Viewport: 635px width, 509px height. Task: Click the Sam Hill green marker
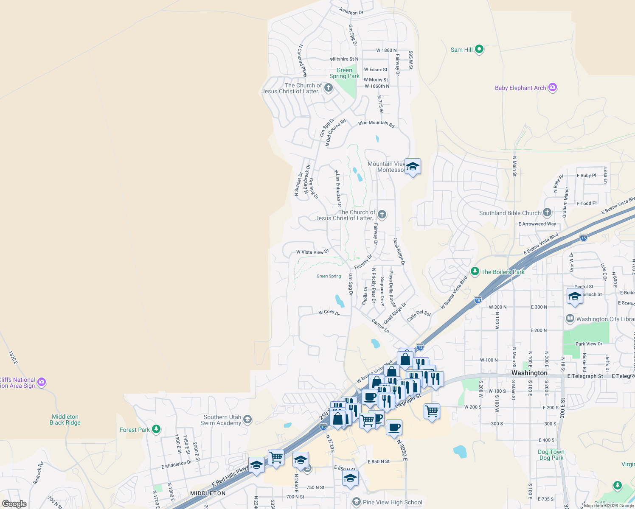[479, 49]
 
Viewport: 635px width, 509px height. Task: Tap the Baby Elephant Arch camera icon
[552, 87]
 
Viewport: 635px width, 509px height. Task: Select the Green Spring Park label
[344, 73]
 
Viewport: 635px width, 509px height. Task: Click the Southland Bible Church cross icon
[547, 213]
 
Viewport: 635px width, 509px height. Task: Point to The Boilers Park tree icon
[475, 271]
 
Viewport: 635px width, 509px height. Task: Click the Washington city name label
[529, 373]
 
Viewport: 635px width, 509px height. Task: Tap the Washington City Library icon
[570, 319]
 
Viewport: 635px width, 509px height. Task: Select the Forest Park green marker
[156, 429]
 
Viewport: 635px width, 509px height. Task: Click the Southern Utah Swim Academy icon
[247, 420]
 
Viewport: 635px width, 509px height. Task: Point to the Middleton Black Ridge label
[65, 420]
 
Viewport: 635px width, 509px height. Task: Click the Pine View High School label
[392, 502]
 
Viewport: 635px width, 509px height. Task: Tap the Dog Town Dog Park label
[551, 455]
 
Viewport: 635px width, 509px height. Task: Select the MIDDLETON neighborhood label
[208, 493]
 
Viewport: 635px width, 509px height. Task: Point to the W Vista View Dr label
[312, 252]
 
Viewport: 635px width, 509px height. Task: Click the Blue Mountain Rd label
[376, 123]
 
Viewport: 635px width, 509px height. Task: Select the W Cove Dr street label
[329, 313]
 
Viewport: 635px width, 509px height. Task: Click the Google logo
[14, 503]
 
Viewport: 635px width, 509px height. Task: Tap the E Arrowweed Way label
[537, 224]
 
